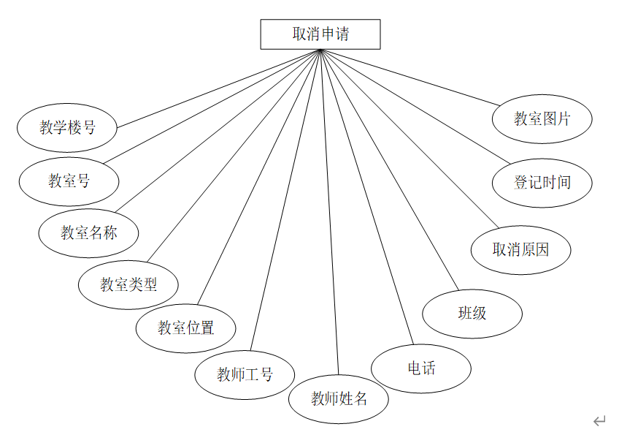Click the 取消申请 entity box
click(320, 34)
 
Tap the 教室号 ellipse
click(69, 181)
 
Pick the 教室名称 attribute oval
click(88, 233)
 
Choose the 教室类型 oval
click(128, 284)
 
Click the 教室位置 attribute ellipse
click(186, 327)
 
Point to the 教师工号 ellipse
click(245, 375)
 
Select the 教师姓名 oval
click(339, 398)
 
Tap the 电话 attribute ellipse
click(421, 368)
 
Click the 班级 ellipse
click(472, 314)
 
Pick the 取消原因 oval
click(520, 250)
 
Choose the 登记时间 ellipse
click(542, 182)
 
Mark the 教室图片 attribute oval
click(542, 118)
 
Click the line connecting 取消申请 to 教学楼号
click(219, 88)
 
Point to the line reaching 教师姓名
click(330, 212)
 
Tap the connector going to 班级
click(391, 170)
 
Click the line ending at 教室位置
click(258, 176)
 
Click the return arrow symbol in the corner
click(599, 420)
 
